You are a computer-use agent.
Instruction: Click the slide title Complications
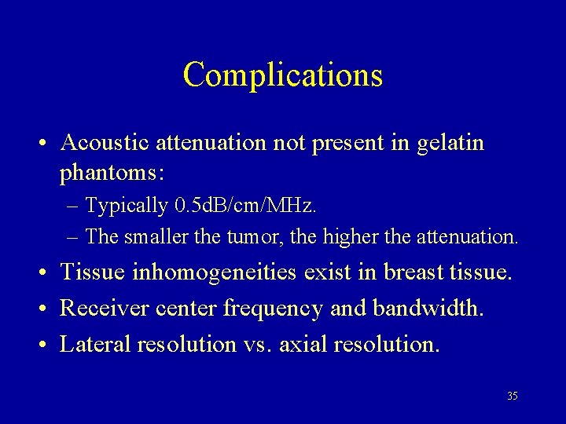pos(283,75)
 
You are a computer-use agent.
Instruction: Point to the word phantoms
pos(111,170)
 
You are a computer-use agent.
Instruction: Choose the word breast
pos(414,273)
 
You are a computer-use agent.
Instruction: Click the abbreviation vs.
pos(256,345)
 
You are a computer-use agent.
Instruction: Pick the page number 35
pos(513,396)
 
